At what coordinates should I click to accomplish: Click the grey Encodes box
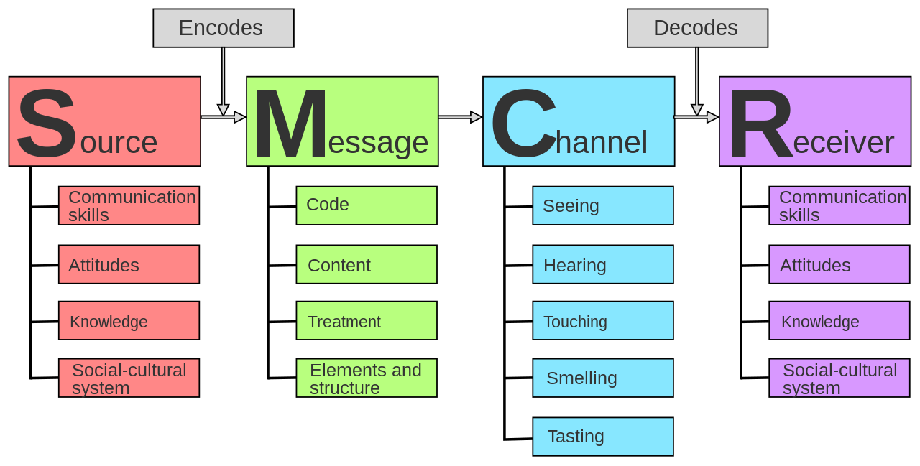224,28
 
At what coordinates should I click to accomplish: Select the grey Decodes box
697,28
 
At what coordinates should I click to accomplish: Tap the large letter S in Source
47,123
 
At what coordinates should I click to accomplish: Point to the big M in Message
291,123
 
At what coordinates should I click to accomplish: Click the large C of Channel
524,123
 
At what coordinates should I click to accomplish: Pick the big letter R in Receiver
760,123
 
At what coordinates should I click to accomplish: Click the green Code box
367,205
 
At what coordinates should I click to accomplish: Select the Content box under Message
367,264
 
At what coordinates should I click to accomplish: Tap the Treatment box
367,320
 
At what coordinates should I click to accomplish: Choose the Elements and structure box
367,378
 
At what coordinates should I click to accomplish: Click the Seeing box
603,205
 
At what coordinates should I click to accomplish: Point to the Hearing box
603,264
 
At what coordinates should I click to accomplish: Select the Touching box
603,320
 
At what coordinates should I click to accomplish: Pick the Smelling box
603,378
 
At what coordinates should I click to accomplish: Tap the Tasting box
603,437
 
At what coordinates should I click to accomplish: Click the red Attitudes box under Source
129,264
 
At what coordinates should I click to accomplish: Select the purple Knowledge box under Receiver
839,320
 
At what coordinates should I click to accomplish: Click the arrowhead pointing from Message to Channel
477,117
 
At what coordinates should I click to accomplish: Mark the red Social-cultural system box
129,378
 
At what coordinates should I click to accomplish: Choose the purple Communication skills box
839,205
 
